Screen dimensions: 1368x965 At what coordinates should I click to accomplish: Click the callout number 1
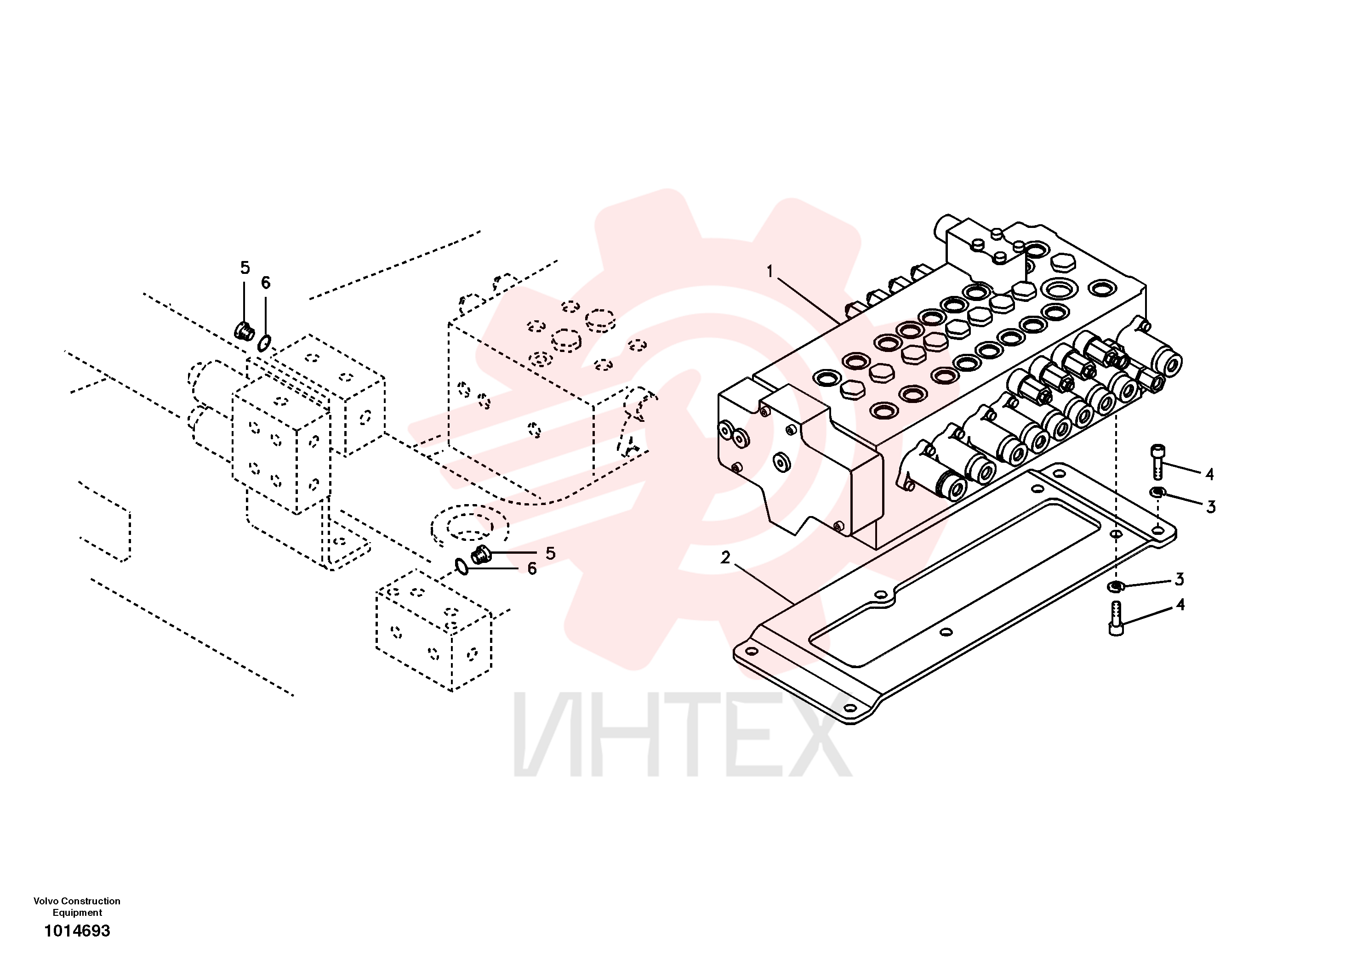tap(770, 272)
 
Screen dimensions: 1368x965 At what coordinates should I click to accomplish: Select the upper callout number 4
tap(1209, 474)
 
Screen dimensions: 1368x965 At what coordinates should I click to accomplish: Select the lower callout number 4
tap(1180, 605)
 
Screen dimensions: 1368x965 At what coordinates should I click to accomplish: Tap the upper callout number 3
tap(1211, 507)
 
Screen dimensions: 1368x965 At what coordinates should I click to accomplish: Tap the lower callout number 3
tap(1179, 579)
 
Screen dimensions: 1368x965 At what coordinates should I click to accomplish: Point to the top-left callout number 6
tap(266, 283)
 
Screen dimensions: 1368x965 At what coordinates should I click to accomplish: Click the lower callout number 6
tap(532, 569)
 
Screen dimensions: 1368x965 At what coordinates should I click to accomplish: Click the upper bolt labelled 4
tap(1157, 461)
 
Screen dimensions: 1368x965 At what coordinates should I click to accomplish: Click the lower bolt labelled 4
tap(1117, 619)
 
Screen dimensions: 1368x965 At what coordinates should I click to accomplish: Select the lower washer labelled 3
tap(1115, 587)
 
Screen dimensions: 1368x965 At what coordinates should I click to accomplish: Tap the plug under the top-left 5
tap(244, 330)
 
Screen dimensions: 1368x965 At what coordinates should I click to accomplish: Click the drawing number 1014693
tap(78, 931)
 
